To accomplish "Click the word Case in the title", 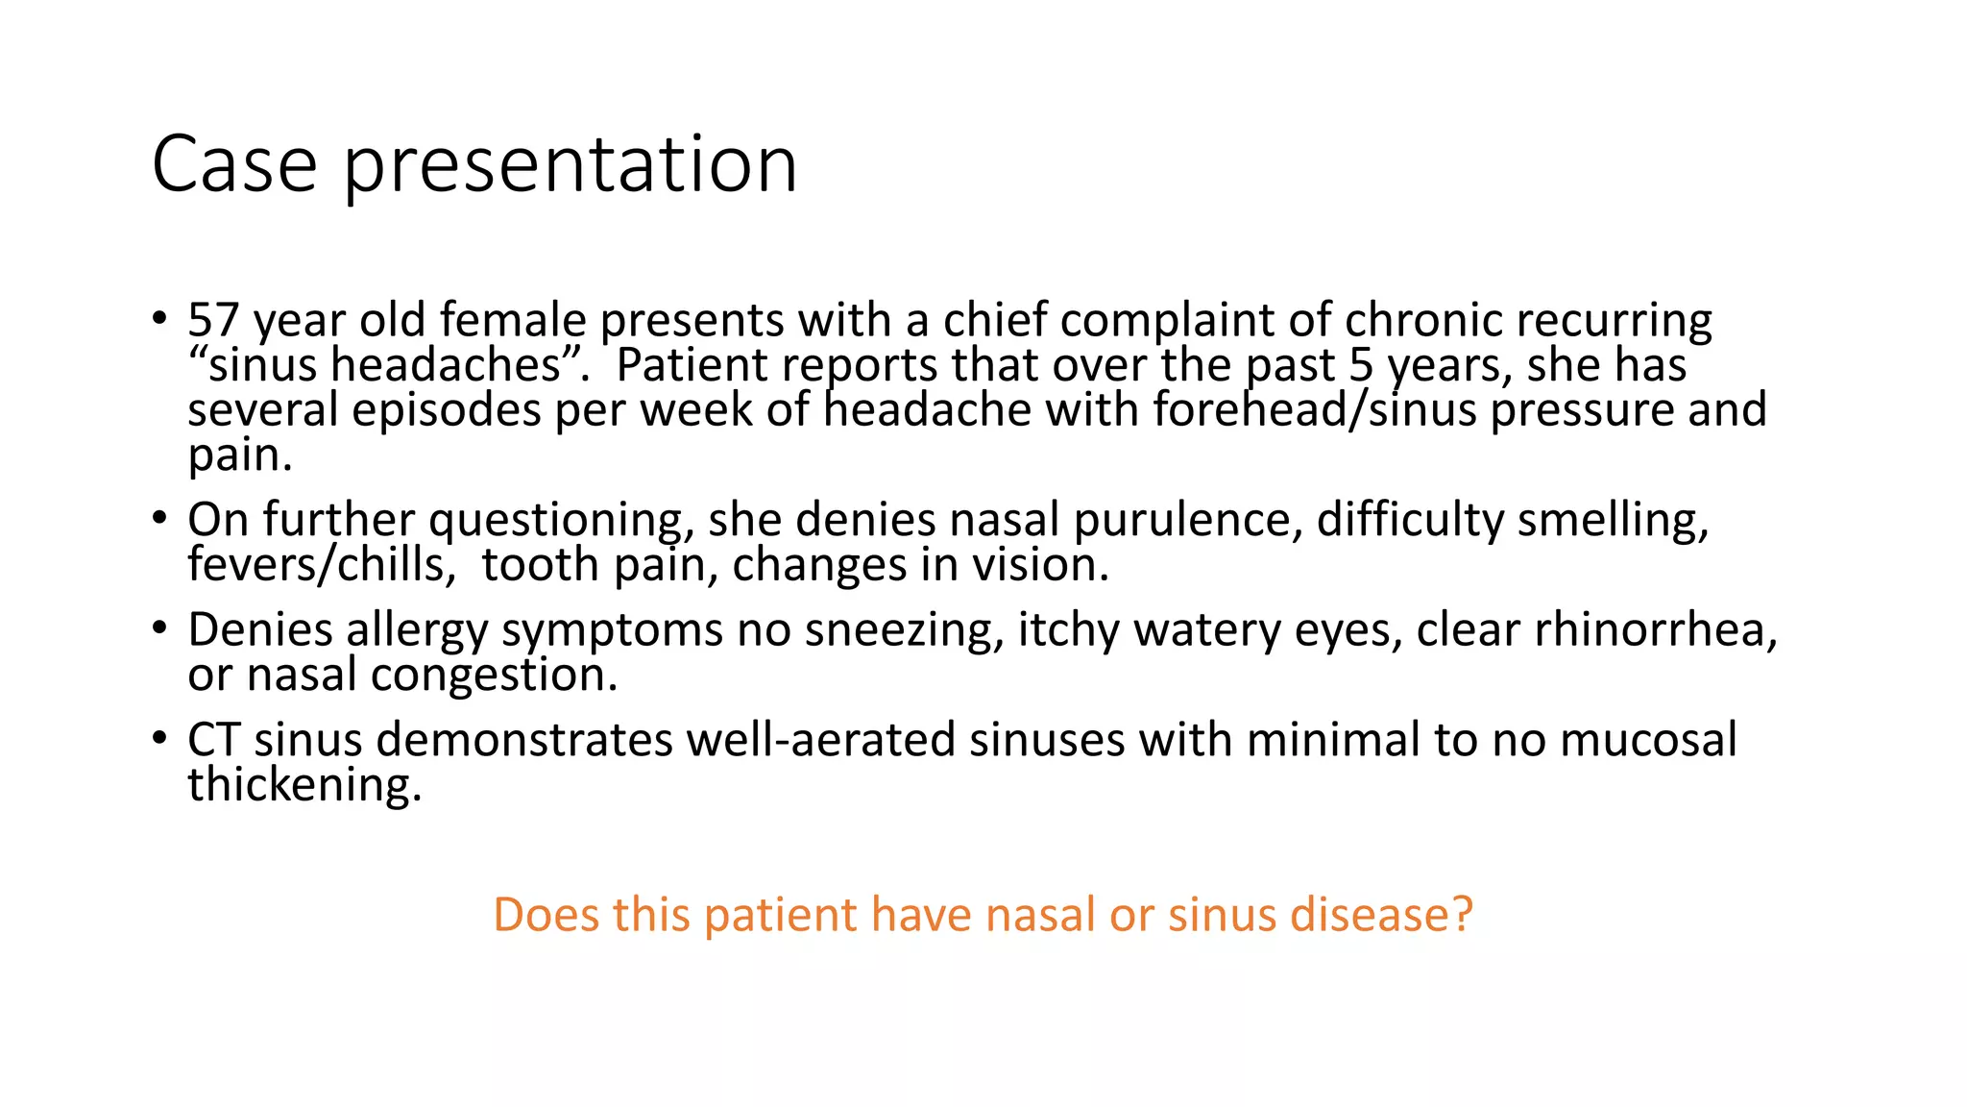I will coord(234,165).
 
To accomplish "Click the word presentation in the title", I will coord(571,165).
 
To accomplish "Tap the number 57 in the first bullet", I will coord(213,320).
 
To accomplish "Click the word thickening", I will coord(304,785).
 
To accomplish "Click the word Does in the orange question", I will coord(546,914).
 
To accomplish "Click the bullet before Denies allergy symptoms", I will coord(159,629).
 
